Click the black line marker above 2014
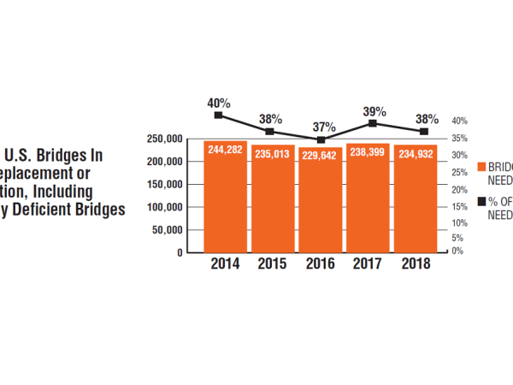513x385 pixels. (x=219, y=115)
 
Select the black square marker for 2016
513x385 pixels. (x=321, y=139)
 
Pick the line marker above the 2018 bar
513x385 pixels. (x=423, y=131)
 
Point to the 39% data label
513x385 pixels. (x=374, y=111)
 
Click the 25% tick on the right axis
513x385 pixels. (x=458, y=173)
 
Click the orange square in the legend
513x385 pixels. (x=481, y=167)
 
